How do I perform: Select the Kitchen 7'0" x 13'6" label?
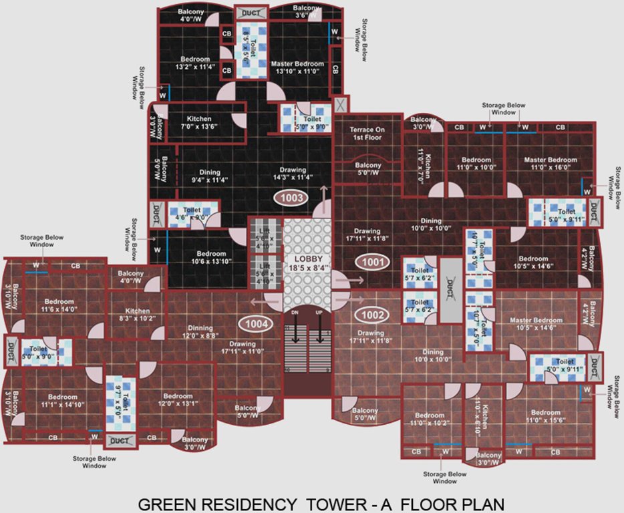pyautogui.click(x=199, y=122)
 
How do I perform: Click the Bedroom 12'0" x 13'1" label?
pyautogui.click(x=178, y=399)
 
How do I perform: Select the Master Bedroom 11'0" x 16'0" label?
pyautogui.click(x=551, y=164)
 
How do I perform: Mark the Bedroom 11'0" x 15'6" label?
pyautogui.click(x=546, y=416)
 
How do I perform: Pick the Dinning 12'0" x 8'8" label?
pyautogui.click(x=200, y=332)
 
